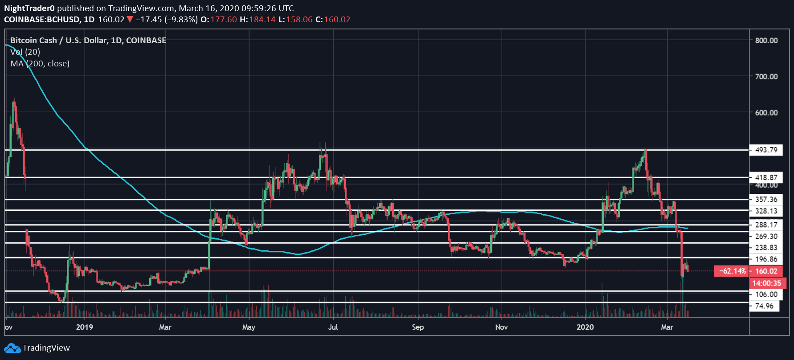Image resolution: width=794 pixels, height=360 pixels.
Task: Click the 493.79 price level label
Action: pyautogui.click(x=766, y=150)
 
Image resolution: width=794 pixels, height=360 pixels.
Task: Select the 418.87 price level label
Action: pyautogui.click(x=766, y=177)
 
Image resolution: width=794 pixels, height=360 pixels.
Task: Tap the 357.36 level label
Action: pyautogui.click(x=766, y=199)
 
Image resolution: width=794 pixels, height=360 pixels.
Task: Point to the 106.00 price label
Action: pyautogui.click(x=766, y=294)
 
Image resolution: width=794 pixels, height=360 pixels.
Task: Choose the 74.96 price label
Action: pyautogui.click(x=764, y=306)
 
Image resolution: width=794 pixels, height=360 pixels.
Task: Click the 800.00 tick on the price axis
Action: pyautogui.click(x=766, y=41)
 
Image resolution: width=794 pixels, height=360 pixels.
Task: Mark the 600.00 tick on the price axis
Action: pyautogui.click(x=766, y=113)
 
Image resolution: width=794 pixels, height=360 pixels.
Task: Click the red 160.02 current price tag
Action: pyautogui.click(x=766, y=271)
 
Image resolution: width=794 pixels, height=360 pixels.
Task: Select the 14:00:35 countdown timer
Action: pyautogui.click(x=766, y=283)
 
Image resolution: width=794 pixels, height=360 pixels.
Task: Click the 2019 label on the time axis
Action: pyautogui.click(x=85, y=327)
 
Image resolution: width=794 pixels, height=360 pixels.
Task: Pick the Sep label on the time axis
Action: pyautogui.click(x=417, y=327)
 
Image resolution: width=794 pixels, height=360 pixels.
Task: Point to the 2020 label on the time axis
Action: pyautogui.click(x=585, y=327)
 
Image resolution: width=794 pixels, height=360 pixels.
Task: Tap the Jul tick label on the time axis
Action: pyautogui.click(x=333, y=327)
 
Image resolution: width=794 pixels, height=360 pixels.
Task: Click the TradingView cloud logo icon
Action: pyautogui.click(x=12, y=348)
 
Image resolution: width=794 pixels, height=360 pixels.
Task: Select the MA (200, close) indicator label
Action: pyautogui.click(x=40, y=64)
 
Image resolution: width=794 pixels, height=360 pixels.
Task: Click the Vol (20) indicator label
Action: pyautogui.click(x=25, y=52)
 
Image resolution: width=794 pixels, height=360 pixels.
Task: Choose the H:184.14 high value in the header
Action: pyautogui.click(x=258, y=20)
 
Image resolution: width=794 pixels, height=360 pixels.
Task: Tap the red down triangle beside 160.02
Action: pyautogui.click(x=130, y=20)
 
